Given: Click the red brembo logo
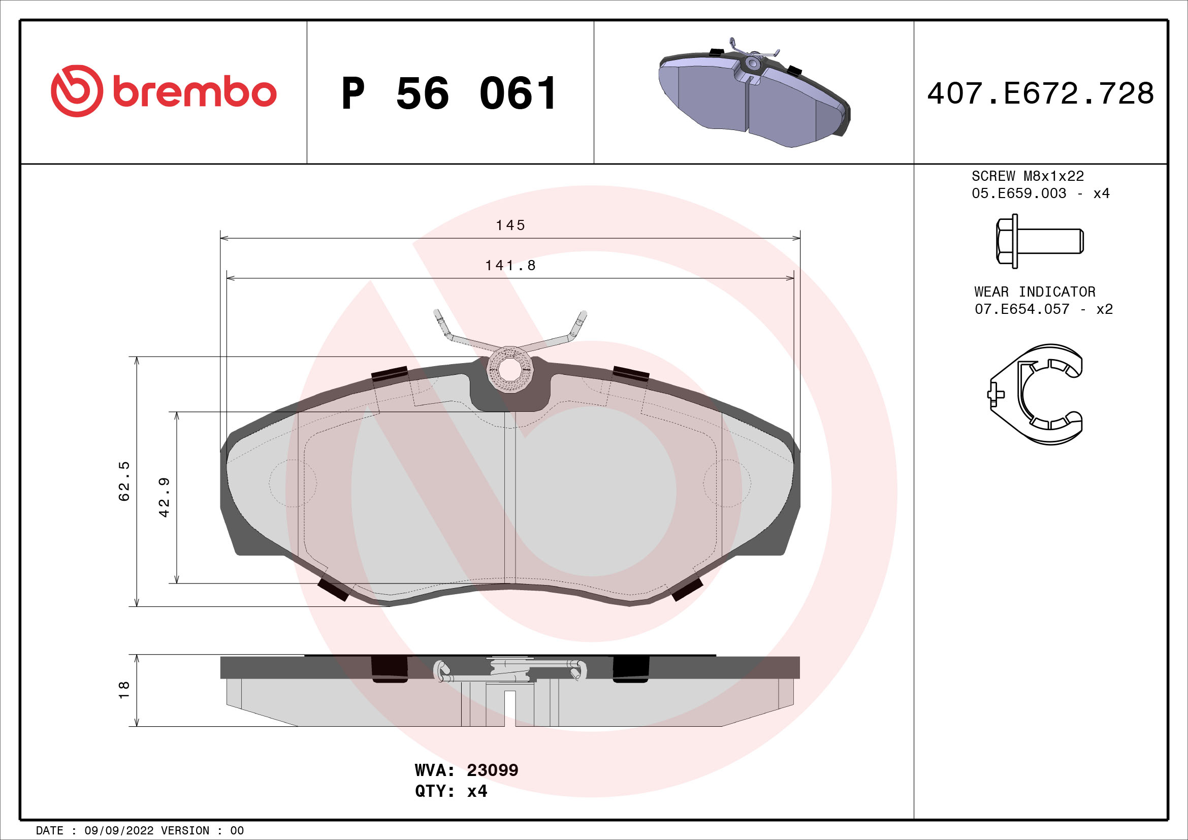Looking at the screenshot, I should [x=164, y=91].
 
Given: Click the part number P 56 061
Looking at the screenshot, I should [x=449, y=93].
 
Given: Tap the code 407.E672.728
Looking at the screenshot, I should [x=1040, y=93].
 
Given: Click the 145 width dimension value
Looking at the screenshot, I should [x=510, y=225].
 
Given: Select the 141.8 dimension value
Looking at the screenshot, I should [x=510, y=265].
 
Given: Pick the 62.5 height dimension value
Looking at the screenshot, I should [x=124, y=481].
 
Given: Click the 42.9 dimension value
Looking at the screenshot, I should [x=164, y=497].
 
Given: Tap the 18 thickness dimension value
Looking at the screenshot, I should [x=124, y=690].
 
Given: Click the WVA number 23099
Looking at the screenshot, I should [x=492, y=770].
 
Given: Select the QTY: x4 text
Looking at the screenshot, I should [x=451, y=791].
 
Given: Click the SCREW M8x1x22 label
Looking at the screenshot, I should [x=1028, y=176].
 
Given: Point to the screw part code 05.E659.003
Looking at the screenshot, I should [x=1018, y=193].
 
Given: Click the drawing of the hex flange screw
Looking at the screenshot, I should [x=1039, y=242].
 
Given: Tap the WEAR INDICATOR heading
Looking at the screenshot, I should [x=1035, y=292].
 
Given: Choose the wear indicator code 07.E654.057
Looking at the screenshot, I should [x=1021, y=309].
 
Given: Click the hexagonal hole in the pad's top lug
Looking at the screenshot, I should [x=510, y=369].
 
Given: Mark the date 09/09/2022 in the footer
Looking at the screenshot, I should [x=119, y=831].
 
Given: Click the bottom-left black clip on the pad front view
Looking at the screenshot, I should [x=333, y=589].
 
